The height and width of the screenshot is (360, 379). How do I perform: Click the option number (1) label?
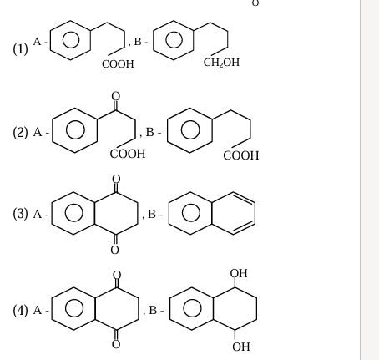[21, 49]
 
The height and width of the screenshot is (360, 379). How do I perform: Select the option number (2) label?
[21, 132]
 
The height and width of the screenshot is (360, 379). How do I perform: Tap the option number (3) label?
[21, 214]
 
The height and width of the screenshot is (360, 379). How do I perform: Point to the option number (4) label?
[21, 310]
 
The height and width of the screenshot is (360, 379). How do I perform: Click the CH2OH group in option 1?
[221, 63]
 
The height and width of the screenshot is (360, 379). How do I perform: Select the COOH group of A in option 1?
[118, 64]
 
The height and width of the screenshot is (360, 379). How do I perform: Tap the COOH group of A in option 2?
[128, 154]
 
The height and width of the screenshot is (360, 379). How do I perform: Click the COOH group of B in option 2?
[241, 155]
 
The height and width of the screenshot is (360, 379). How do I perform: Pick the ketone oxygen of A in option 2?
[116, 96]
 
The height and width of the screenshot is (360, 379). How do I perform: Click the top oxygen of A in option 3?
[116, 179]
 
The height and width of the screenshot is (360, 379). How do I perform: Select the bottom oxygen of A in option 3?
[114, 250]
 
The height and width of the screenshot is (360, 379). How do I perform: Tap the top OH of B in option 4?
[239, 273]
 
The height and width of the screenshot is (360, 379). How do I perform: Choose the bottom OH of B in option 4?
[241, 347]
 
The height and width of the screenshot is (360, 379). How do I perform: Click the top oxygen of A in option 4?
[117, 275]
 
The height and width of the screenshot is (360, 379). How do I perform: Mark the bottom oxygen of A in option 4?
[116, 344]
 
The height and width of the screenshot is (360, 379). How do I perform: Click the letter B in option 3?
[152, 215]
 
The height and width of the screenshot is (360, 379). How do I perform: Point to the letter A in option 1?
[37, 42]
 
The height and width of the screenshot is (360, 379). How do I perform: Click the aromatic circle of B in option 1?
[174, 39]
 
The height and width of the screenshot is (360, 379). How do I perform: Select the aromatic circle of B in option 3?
[191, 213]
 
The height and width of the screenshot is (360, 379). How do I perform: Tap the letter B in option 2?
[149, 132]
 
